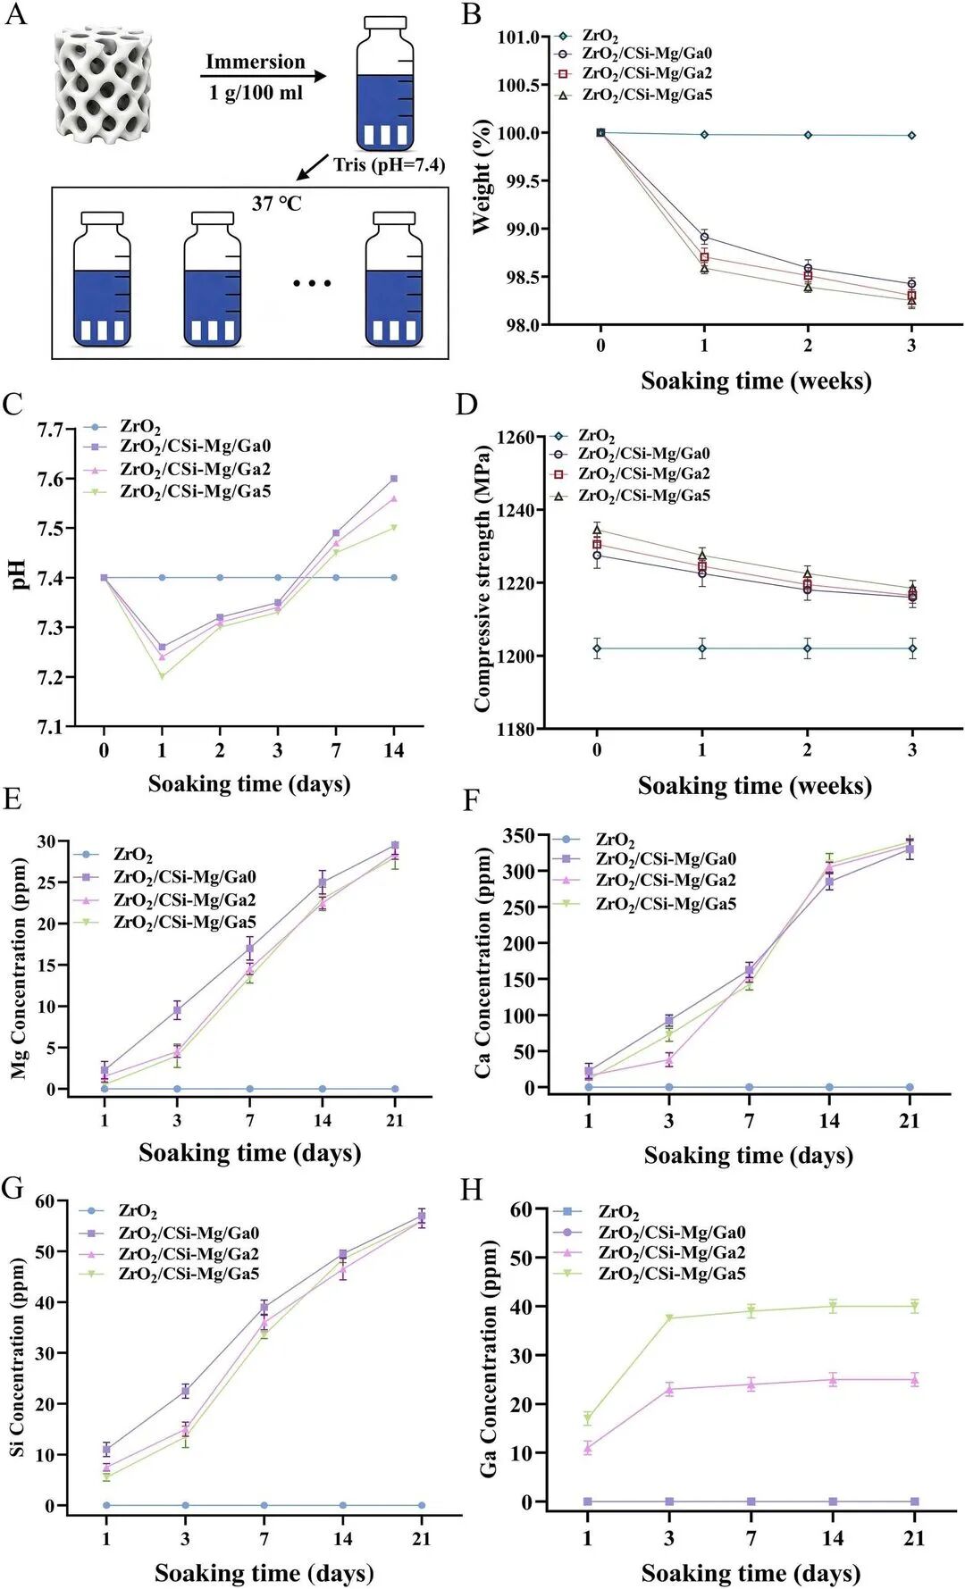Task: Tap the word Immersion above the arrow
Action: coord(256,62)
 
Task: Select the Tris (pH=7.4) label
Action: coord(390,164)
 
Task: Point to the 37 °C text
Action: coord(277,204)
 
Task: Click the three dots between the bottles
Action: coord(313,283)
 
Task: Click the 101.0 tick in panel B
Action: coord(519,37)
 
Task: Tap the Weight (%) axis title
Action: coord(482,177)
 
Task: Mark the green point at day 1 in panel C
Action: coord(162,676)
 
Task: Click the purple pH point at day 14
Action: coord(394,479)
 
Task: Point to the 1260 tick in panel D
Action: coord(516,438)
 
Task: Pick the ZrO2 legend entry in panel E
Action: coord(113,855)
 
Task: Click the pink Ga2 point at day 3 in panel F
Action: coord(668,1060)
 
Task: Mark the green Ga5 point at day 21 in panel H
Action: coord(914,1306)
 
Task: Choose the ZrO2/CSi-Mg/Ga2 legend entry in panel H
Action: coord(650,1253)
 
